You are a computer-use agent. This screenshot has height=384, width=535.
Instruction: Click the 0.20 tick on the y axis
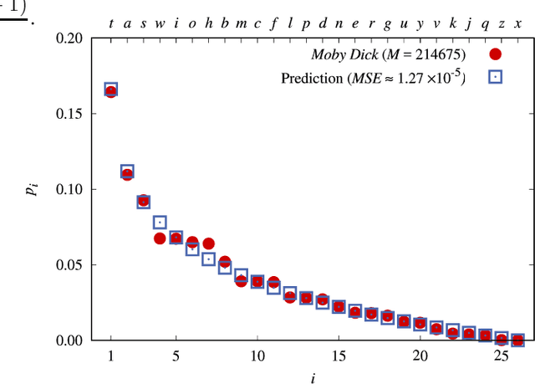point(71,38)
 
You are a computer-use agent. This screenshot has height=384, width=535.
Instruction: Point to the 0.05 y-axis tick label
point(71,265)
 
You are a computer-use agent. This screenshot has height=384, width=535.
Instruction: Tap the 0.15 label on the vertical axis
point(71,114)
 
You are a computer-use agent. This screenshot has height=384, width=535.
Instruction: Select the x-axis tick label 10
point(257,356)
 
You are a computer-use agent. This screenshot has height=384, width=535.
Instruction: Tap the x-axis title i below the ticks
point(313,377)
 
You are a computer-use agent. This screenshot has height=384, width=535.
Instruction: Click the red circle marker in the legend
point(495,56)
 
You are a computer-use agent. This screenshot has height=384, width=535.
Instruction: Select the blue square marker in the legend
point(495,78)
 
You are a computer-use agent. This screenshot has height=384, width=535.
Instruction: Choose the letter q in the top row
point(486,22)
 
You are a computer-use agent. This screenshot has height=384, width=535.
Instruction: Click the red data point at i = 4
point(160,238)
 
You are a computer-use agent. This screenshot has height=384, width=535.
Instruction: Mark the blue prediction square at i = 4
point(160,223)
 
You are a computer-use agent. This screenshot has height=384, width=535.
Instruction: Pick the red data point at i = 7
point(208,243)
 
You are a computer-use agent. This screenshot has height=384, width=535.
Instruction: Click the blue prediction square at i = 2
point(127,172)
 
